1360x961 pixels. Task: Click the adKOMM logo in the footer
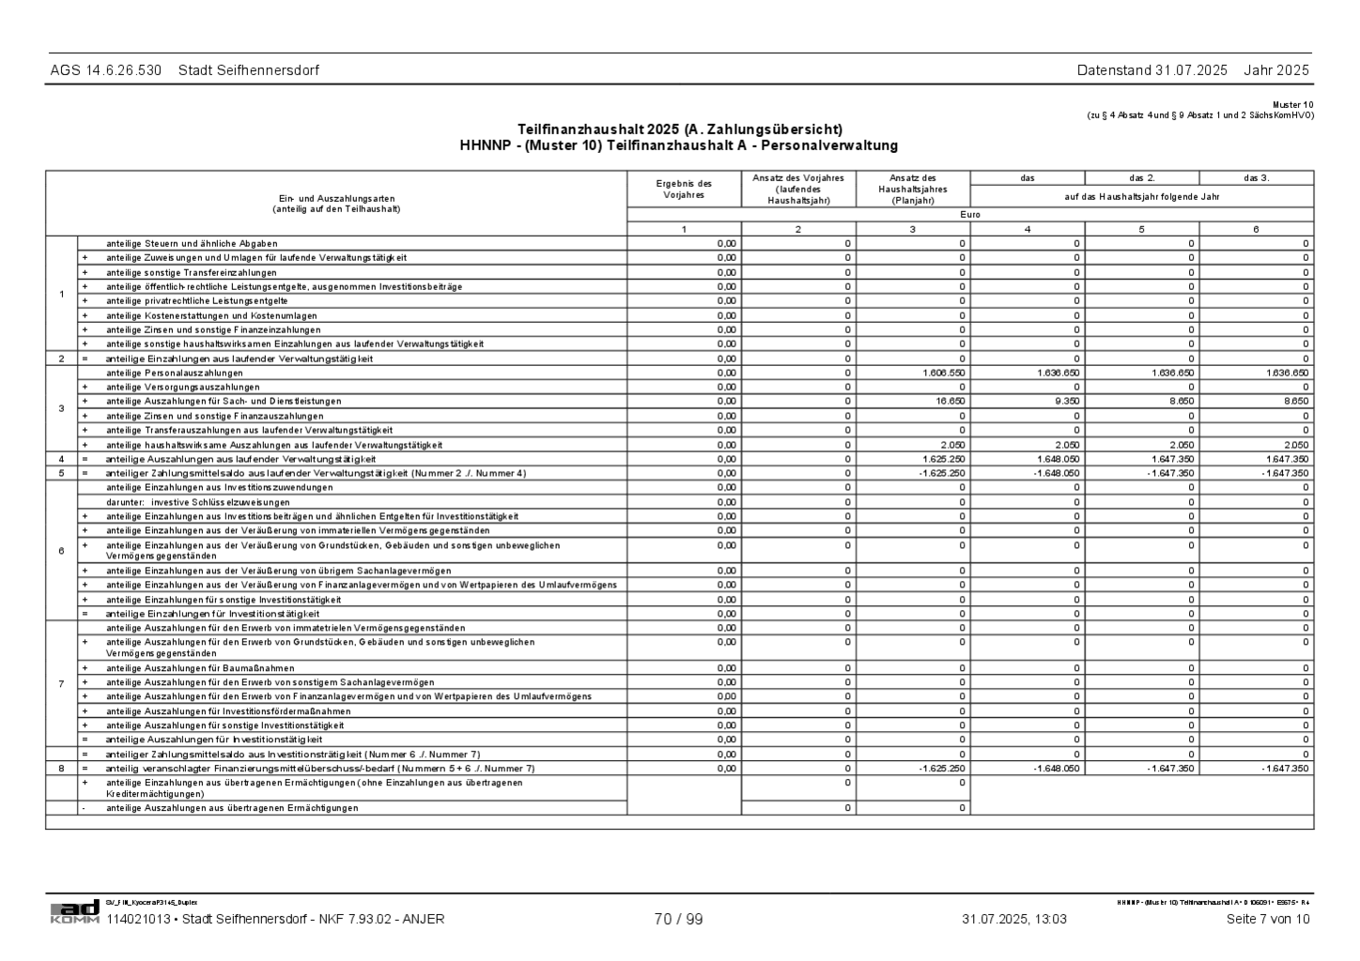pos(74,911)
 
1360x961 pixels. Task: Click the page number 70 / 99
pos(678,920)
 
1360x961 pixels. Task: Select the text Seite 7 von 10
pos(1267,920)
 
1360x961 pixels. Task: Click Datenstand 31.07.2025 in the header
pos(1151,70)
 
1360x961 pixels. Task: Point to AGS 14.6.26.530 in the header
pos(106,70)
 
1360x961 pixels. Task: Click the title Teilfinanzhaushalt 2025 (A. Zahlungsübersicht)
pos(679,130)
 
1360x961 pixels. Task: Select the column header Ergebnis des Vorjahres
pos(684,190)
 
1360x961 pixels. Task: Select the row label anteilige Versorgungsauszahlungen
pos(182,388)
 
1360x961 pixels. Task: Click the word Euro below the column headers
pos(970,215)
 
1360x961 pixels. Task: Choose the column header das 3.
pos(1256,178)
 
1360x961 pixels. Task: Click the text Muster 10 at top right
pos(1293,104)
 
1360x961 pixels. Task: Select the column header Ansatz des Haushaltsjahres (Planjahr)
pos(913,190)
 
